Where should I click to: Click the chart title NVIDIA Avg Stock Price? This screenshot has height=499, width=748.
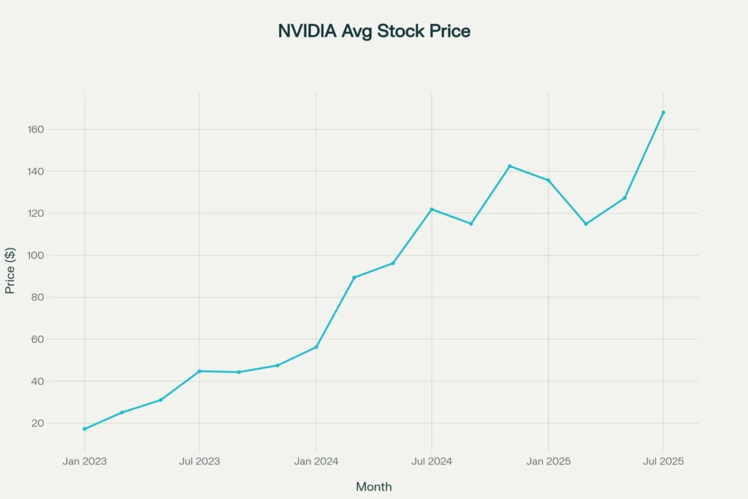(374, 31)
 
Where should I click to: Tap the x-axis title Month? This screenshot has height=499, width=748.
(373, 487)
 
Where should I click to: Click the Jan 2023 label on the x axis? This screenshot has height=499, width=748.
(84, 461)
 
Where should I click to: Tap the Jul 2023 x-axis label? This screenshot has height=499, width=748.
(199, 461)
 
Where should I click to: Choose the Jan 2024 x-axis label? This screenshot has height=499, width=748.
(316, 461)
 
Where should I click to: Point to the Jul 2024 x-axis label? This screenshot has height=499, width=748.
(431, 461)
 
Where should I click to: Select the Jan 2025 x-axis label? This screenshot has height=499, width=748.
(548, 461)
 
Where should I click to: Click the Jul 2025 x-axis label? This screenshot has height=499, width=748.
(663, 461)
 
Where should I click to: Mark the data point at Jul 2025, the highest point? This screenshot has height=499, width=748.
(663, 113)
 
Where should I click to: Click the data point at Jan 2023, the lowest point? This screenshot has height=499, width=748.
(84, 429)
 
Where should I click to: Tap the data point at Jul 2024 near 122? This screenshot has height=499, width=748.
(432, 209)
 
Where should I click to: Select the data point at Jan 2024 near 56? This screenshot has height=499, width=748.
(316, 347)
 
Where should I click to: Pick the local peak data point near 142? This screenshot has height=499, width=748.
(509, 166)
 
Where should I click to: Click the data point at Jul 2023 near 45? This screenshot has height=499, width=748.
(199, 371)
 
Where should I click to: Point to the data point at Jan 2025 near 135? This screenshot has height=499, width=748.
(549, 180)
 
